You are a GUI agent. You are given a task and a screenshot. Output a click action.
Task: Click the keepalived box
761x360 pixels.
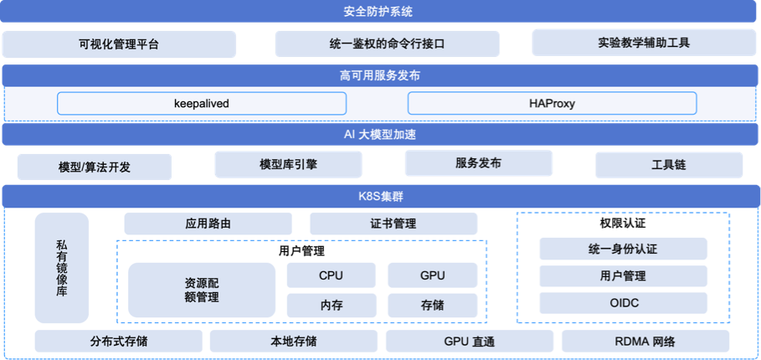click(x=201, y=103)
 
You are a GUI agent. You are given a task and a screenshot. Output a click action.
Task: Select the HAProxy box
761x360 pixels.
click(x=552, y=103)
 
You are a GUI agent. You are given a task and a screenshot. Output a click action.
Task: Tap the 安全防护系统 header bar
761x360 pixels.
click(x=379, y=12)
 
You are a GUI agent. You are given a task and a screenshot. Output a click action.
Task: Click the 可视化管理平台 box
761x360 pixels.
click(x=119, y=44)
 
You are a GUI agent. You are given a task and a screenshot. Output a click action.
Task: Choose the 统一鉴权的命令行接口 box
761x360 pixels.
click(x=387, y=44)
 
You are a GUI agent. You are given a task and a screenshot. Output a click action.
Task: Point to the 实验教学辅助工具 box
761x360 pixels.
click(x=644, y=43)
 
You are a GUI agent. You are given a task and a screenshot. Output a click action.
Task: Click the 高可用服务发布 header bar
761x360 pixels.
click(x=379, y=75)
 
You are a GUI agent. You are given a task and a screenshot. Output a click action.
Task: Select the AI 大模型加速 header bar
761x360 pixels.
click(x=379, y=134)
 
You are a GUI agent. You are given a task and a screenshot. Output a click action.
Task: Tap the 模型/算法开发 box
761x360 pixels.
click(x=95, y=167)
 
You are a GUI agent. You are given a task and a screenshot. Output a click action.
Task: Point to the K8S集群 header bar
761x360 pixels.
click(x=379, y=197)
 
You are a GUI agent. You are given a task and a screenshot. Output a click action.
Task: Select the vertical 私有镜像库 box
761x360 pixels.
click(x=61, y=267)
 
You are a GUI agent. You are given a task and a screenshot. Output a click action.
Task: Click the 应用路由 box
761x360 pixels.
click(x=208, y=224)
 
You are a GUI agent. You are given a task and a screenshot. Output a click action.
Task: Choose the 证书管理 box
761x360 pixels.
click(x=393, y=224)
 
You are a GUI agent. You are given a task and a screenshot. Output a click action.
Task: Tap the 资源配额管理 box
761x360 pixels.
click(x=201, y=290)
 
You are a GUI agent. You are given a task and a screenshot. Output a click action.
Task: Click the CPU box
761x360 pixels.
click(x=331, y=275)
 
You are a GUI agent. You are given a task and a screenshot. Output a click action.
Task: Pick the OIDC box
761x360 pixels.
click(x=623, y=302)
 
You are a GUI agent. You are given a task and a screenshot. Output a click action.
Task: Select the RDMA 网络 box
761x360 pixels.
click(x=645, y=341)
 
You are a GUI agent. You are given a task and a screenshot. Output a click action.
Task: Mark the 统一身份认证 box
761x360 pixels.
click(x=623, y=249)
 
